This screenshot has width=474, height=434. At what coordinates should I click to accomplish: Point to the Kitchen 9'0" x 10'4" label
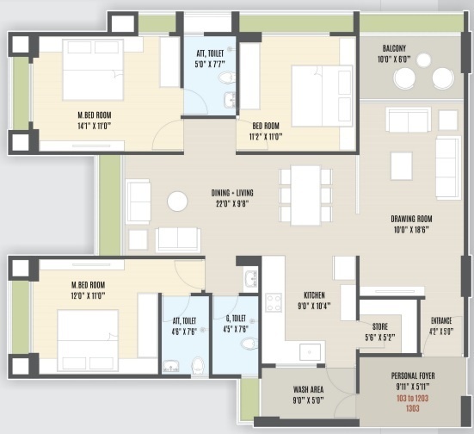coord(312,299)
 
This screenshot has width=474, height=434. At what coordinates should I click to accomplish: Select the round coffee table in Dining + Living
coord(177,201)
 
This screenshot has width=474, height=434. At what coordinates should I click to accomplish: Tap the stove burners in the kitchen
coord(274,302)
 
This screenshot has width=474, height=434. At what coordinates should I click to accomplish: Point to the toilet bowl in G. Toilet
coord(248,344)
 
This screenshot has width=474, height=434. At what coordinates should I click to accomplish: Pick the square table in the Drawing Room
coord(401,164)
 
